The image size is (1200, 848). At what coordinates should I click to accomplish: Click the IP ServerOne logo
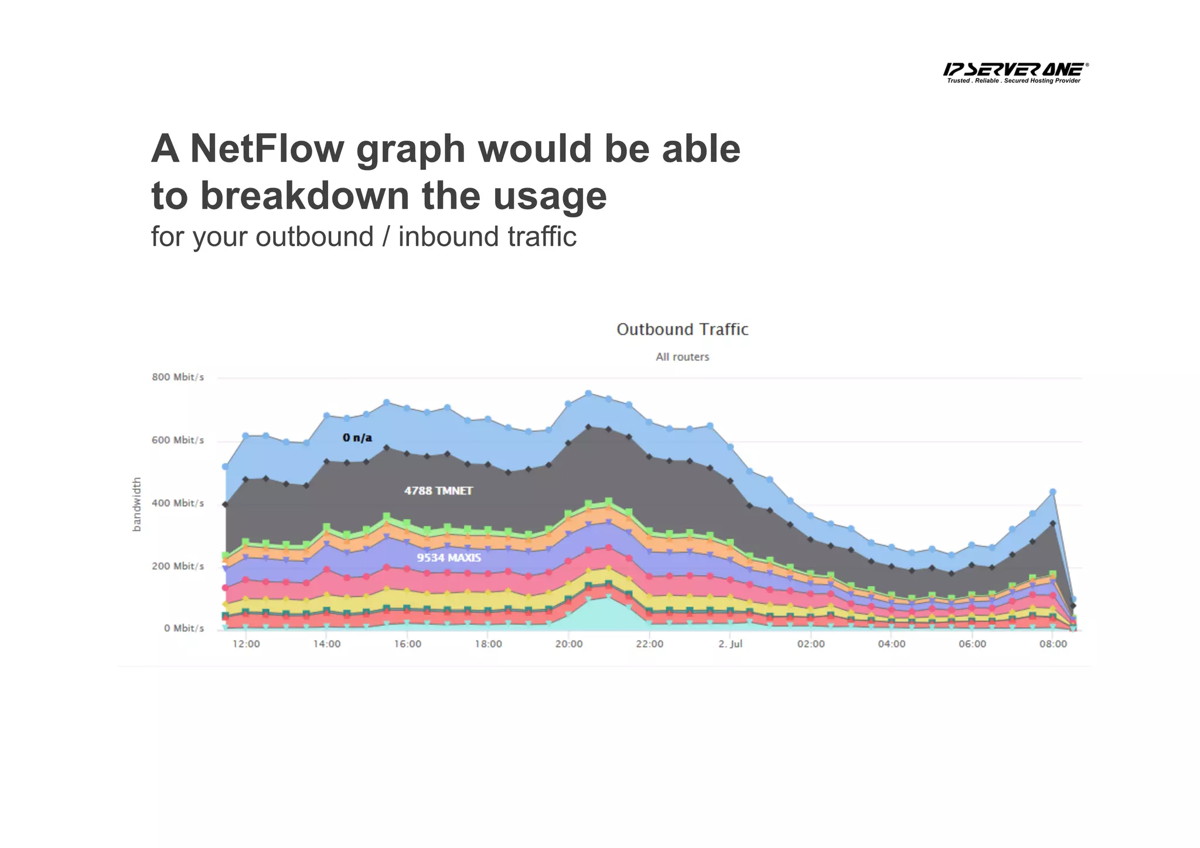coord(1015,72)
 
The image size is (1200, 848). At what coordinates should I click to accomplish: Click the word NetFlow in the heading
coord(267,149)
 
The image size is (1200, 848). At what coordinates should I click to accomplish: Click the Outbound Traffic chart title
coord(682,330)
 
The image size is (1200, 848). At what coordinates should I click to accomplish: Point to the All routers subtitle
coord(682,357)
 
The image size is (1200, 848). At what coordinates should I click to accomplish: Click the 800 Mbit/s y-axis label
coord(178,377)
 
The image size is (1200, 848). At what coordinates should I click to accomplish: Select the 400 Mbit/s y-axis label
coord(178,503)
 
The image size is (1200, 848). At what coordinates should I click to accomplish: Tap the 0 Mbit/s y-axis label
coord(184,628)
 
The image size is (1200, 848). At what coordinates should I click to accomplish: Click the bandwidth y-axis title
coord(137,504)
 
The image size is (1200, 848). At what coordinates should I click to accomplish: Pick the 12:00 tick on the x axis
coord(246,644)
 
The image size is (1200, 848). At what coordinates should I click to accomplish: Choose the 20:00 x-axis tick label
coord(569,644)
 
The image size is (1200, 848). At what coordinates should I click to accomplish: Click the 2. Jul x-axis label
coord(730,644)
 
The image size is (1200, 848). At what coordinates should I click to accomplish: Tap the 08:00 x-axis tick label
coord(1053,644)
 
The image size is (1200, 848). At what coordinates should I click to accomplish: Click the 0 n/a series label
coord(357,438)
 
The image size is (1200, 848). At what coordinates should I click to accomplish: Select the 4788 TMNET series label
coord(438,491)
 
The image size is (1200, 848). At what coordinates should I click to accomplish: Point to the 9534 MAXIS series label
coord(449,558)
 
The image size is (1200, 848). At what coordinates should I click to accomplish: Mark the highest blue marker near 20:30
coord(589,394)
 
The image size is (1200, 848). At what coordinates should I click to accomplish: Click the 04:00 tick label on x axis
coord(891,644)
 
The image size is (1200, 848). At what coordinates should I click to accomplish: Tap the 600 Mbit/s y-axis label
coord(178,440)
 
